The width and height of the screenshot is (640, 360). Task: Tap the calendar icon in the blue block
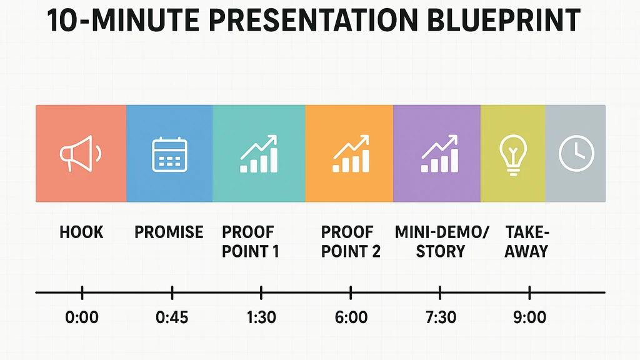click(x=169, y=154)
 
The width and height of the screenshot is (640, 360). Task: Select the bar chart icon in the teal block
click(x=259, y=154)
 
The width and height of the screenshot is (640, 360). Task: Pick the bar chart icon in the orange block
click(x=351, y=154)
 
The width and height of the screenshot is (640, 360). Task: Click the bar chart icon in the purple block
click(x=439, y=154)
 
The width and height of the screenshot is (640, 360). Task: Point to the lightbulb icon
click(x=513, y=154)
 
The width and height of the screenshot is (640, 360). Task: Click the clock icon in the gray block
click(x=576, y=154)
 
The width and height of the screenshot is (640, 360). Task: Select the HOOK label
click(x=81, y=232)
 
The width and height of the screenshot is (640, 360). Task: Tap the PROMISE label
click(x=169, y=232)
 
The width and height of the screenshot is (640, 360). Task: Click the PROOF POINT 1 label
click(x=250, y=242)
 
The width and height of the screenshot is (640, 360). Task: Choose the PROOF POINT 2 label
click(x=351, y=242)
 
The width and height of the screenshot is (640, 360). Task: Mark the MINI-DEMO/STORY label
click(x=442, y=242)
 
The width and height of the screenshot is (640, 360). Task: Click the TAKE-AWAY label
click(x=526, y=242)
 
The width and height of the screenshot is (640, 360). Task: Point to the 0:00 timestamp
click(x=82, y=317)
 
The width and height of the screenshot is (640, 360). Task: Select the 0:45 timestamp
click(x=172, y=317)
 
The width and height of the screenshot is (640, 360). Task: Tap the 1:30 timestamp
click(x=261, y=317)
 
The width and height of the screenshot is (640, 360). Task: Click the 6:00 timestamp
click(x=351, y=317)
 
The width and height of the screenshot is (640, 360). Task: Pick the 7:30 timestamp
click(x=440, y=317)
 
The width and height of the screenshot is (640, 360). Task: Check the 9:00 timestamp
click(x=529, y=317)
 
